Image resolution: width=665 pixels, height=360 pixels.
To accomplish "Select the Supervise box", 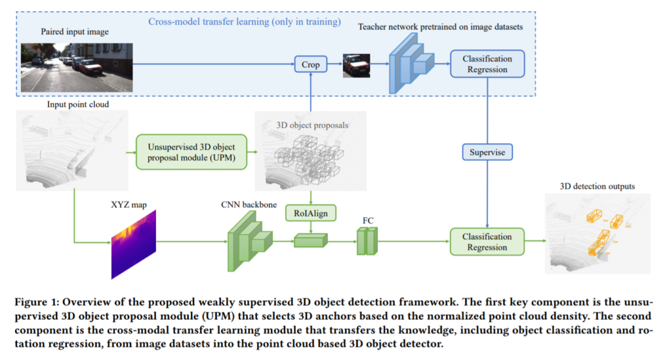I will [487, 152].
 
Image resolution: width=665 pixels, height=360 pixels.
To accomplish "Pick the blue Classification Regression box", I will [487, 64].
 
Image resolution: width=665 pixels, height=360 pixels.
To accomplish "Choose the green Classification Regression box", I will [487, 242].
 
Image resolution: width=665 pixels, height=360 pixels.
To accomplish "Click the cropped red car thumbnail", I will [357, 64].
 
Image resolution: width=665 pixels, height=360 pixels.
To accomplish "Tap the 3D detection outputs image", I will [597, 231].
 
